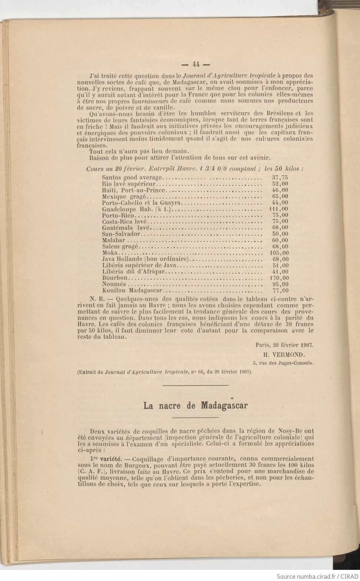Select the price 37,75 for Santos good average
(x=280, y=178)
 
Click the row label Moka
(x=110, y=253)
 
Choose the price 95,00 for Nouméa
(x=280, y=284)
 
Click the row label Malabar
(x=113, y=240)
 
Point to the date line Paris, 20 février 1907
(x=285, y=344)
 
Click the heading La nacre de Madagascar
(x=195, y=406)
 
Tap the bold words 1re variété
(x=103, y=459)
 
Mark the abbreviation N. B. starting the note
(x=98, y=299)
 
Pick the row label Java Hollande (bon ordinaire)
(x=146, y=259)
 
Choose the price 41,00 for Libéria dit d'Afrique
(x=280, y=272)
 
